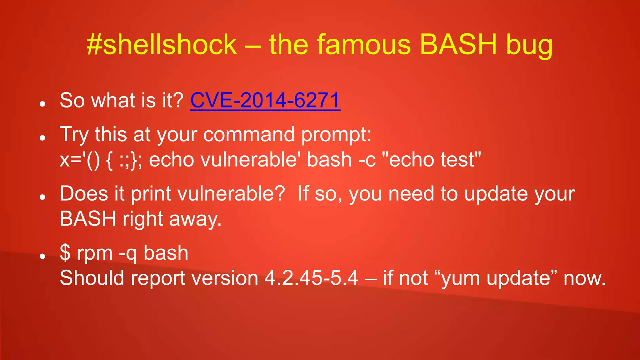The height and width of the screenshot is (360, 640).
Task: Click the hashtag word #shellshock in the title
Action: [x=162, y=45]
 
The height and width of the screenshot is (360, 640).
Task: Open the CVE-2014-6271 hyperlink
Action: [x=265, y=101]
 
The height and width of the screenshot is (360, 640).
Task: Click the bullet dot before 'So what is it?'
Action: [x=43, y=104]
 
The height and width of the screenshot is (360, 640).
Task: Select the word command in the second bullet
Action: [x=249, y=135]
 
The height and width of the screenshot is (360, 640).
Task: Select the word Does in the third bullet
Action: [x=83, y=194]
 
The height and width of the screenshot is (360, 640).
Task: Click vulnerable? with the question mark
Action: [x=231, y=194]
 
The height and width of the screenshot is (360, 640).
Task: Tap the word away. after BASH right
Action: [x=195, y=219]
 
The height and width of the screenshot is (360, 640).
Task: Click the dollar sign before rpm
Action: [x=65, y=253]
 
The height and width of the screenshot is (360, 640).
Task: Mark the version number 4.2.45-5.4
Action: [x=311, y=278]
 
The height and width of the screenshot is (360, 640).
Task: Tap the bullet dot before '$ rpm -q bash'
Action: [x=43, y=257]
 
